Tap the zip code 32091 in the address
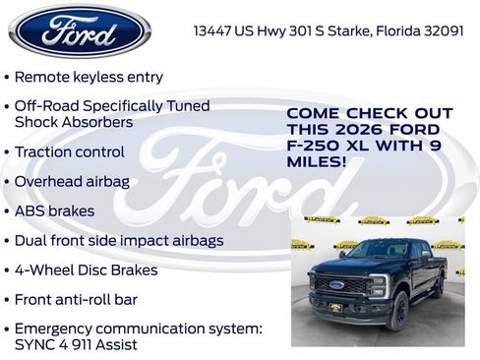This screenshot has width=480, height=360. pyautogui.click(x=441, y=30)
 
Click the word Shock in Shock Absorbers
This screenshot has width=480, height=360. pyautogui.click(x=35, y=122)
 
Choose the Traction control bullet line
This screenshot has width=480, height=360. pyautogui.click(x=69, y=152)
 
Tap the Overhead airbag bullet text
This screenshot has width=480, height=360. pyautogui.click(x=71, y=182)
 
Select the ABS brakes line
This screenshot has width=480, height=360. pyautogui.click(x=54, y=210)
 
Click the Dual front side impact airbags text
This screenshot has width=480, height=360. pyautogui.click(x=118, y=240)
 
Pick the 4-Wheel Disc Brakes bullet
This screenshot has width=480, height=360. pyautogui.click(x=86, y=270)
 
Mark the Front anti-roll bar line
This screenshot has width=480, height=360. pyautogui.click(x=76, y=299)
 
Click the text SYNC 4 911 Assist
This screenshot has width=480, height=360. pyautogui.click(x=76, y=344)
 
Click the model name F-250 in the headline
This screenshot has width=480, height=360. pyautogui.click(x=313, y=146)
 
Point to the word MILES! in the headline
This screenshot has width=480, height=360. pyautogui.click(x=316, y=161)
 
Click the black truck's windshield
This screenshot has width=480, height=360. pyautogui.click(x=377, y=251)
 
